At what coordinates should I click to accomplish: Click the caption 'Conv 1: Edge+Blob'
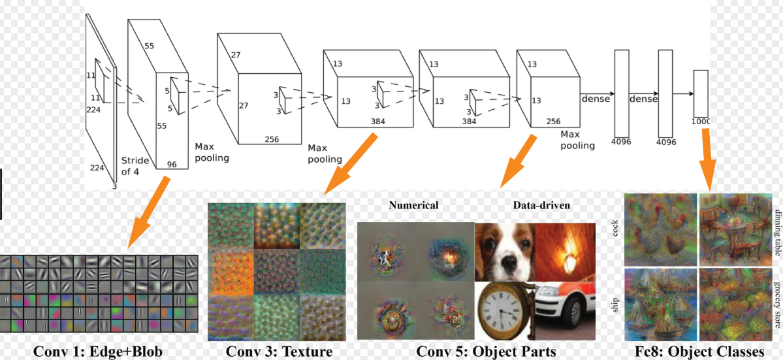pos(98,352)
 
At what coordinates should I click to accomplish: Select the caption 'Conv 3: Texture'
pos(280,352)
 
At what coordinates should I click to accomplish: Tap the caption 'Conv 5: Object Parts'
pos(487,352)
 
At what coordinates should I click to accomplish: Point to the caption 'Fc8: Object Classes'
pos(699,352)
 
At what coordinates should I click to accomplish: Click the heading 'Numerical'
pos(413,205)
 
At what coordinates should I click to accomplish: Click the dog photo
pos(505,252)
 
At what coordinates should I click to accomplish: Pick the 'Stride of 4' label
pos(135,166)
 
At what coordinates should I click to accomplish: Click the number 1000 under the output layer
pos(699,122)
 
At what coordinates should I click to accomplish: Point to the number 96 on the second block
pos(172,164)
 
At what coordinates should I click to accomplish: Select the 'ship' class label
pos(616,306)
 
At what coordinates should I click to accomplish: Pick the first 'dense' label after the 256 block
pos(594,99)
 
